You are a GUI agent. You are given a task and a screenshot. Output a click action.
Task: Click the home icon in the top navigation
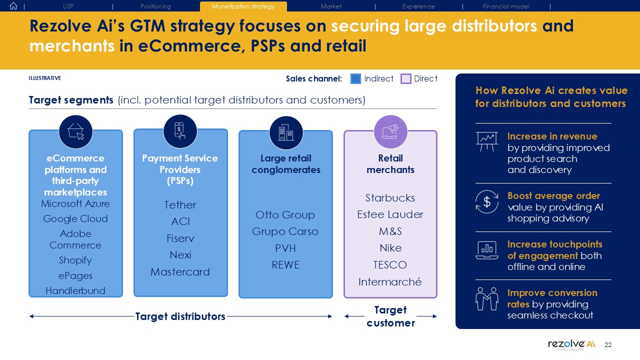tap(13, 6)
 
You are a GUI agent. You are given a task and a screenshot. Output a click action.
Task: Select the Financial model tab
tap(506, 6)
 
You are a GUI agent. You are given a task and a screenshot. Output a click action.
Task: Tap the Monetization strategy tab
tap(243, 6)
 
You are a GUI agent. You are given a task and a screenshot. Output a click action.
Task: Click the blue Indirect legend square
tap(355, 78)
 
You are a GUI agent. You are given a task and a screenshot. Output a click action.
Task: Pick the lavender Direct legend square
tap(406, 78)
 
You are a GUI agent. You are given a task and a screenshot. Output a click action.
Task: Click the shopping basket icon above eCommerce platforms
tap(75, 131)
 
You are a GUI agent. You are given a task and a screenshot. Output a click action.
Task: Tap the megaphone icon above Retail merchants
tap(390, 131)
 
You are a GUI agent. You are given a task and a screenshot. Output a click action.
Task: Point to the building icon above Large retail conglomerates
tap(285, 132)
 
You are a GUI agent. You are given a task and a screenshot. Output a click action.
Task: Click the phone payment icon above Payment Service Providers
tap(180, 131)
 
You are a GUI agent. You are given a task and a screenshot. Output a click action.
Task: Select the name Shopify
tap(75, 260)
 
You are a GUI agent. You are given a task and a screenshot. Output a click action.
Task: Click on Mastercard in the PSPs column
tap(180, 272)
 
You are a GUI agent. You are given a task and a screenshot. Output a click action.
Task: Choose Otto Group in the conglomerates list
tap(285, 215)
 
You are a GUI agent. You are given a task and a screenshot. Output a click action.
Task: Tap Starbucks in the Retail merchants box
tap(390, 198)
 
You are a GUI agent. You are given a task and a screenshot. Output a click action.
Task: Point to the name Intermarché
tap(390, 282)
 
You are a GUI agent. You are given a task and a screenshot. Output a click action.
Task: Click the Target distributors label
tap(180, 316)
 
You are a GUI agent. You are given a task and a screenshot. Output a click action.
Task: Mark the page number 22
tap(608, 345)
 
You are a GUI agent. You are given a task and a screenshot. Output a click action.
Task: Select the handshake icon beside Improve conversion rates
tap(486, 298)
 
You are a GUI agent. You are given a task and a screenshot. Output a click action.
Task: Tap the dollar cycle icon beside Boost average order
tap(486, 201)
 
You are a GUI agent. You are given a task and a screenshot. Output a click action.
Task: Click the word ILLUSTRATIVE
tap(45, 78)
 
